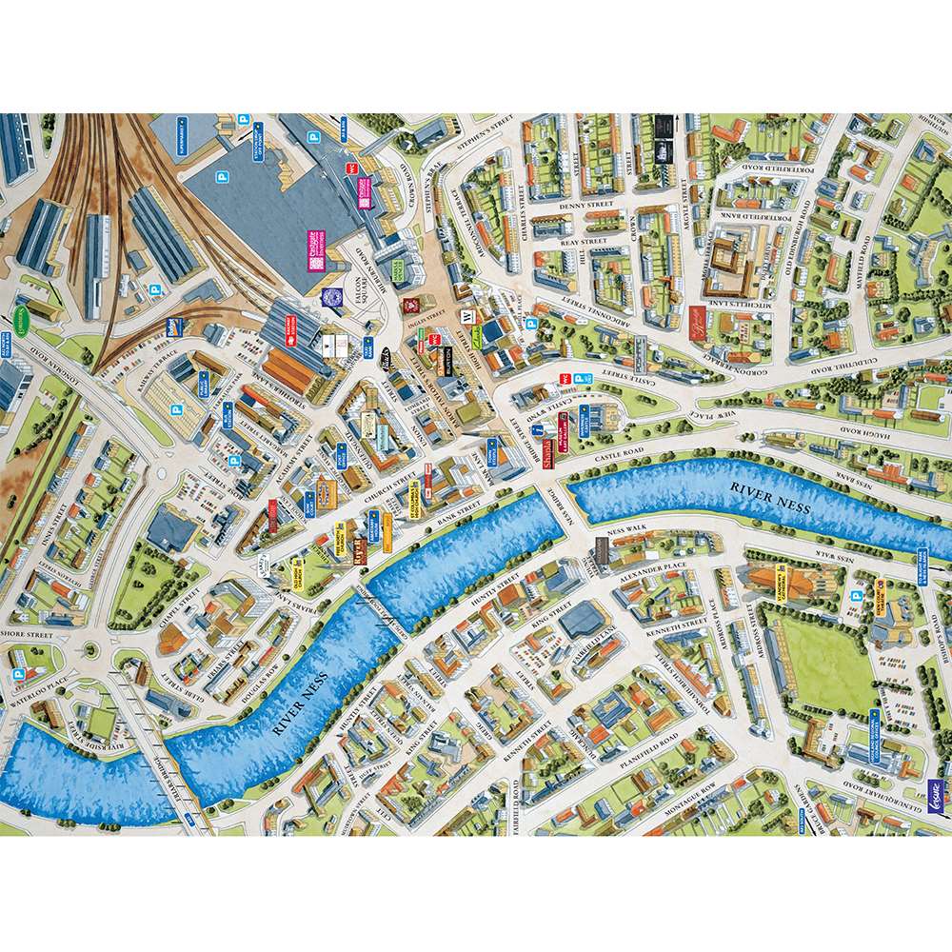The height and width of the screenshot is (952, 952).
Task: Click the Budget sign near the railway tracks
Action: (173, 325)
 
